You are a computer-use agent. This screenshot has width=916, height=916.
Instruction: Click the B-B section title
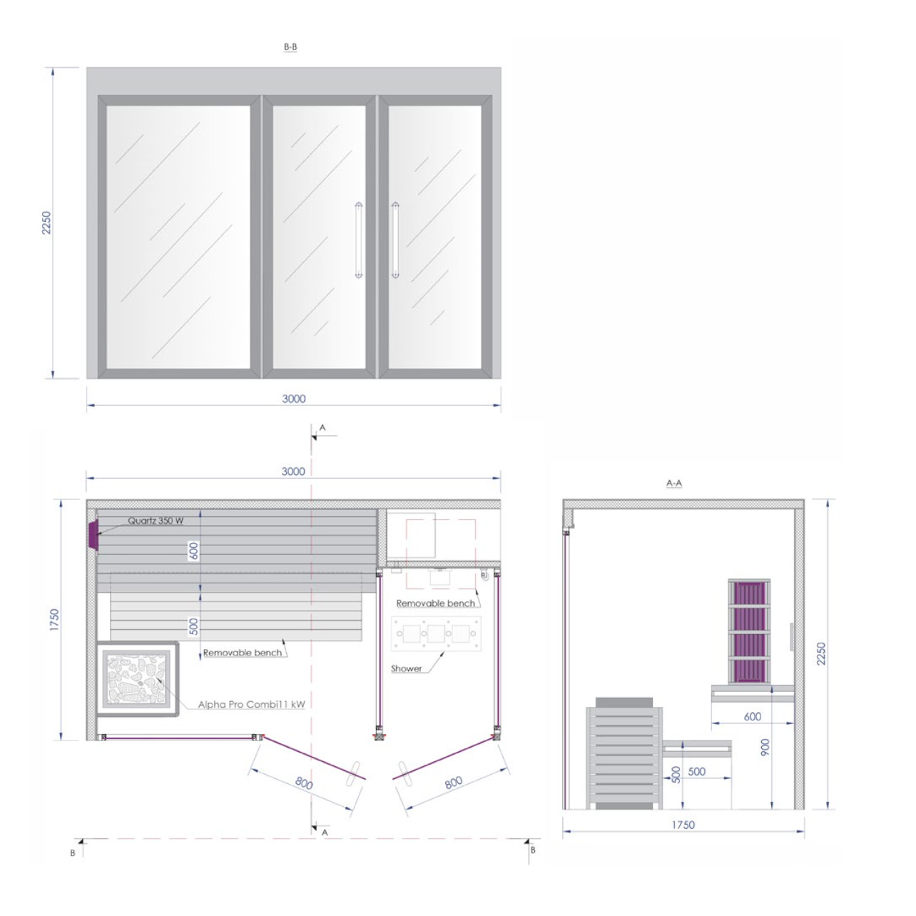290,47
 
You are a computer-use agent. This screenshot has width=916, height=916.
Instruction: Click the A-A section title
674,484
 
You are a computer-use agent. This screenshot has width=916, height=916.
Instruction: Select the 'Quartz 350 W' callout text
156,521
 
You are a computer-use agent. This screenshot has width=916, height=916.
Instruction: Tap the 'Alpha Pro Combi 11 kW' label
251,704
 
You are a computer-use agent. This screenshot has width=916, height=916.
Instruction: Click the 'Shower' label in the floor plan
407,668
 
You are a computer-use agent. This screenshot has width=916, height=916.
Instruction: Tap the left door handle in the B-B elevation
359,240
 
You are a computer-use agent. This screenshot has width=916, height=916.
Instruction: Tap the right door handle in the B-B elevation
395,240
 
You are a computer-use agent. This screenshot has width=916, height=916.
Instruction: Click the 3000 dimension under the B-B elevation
294,399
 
